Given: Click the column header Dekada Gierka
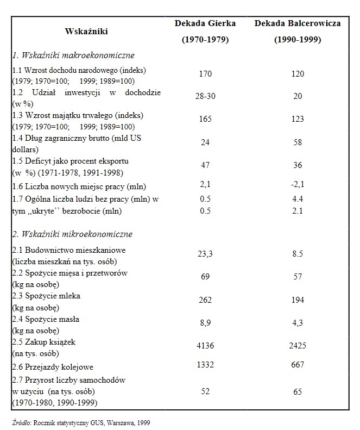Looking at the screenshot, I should click(x=205, y=24).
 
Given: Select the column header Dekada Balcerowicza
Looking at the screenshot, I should click(x=297, y=24).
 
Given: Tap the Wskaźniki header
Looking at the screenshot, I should click(x=86, y=32).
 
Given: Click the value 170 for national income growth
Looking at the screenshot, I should click(x=205, y=74).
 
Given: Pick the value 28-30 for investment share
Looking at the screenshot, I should click(x=205, y=95).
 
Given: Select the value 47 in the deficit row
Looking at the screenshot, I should click(x=205, y=165).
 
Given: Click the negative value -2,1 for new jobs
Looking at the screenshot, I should click(x=297, y=186).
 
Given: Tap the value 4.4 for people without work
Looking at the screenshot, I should click(x=297, y=199).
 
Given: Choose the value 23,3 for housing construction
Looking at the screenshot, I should click(x=205, y=253).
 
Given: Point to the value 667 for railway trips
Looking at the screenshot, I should click(x=297, y=365).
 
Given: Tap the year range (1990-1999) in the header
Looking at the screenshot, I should click(x=297, y=40).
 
